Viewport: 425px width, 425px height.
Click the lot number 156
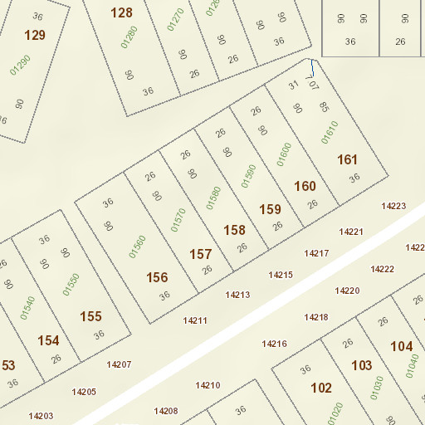pos(157,277)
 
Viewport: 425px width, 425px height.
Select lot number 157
pos(201,254)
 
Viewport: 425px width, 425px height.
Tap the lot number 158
pos(235,230)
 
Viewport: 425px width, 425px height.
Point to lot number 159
pos(271,209)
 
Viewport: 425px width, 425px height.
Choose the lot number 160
pos(305,186)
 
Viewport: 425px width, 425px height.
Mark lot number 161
pos(347,159)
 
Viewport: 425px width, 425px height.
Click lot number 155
pos(90,316)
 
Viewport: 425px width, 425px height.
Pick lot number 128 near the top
pos(121,12)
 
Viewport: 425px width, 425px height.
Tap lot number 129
pos(35,35)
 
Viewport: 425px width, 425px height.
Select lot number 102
pos(321,388)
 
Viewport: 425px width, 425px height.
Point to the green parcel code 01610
pos(330,133)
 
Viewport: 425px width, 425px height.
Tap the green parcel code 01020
pos(336,413)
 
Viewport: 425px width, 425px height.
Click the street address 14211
pos(195,320)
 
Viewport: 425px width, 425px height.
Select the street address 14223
pos(393,206)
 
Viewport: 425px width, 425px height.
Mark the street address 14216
pos(275,344)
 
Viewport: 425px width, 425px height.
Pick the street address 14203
pos(41,416)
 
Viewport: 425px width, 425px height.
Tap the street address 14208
pos(166,411)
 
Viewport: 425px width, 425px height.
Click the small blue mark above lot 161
pos(312,69)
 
